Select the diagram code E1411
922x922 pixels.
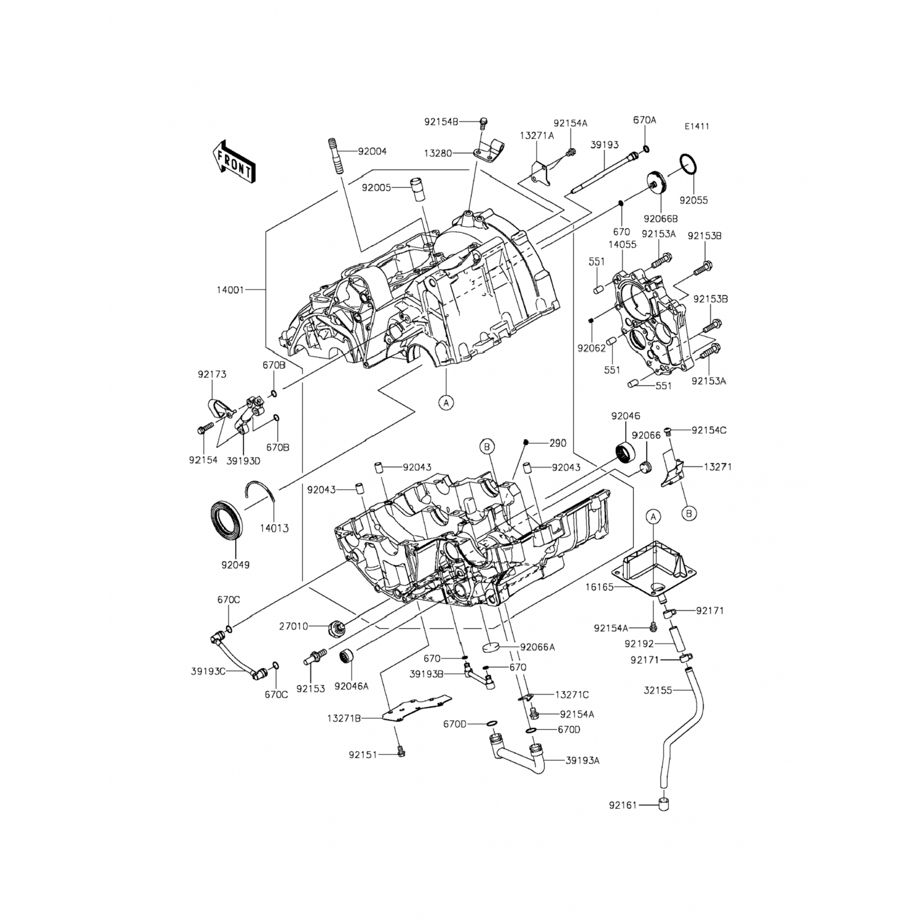(697, 127)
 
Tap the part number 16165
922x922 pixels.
(599, 588)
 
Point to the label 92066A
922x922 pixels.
(537, 647)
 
